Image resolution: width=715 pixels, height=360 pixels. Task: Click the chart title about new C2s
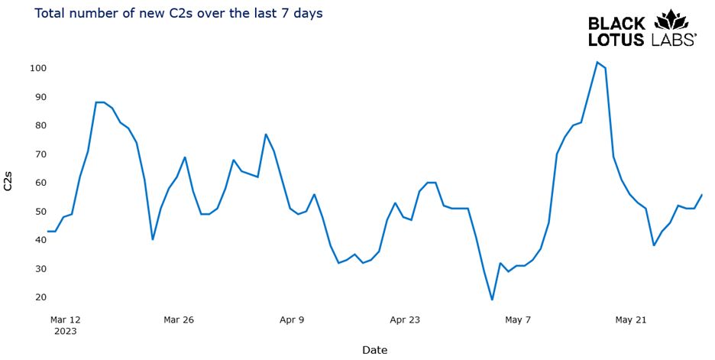pyautogui.click(x=179, y=13)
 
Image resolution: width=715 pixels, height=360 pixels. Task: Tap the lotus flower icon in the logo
pyautogui.click(x=671, y=20)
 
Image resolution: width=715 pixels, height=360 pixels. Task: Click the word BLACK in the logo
pyautogui.click(x=617, y=24)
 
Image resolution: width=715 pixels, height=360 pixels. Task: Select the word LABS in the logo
pyautogui.click(x=674, y=39)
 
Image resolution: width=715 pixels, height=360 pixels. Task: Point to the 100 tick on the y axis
pyautogui.click(x=38, y=68)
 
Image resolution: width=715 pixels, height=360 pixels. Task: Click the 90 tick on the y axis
pyautogui.click(x=41, y=97)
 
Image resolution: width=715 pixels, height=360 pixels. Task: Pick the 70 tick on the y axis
pyautogui.click(x=41, y=154)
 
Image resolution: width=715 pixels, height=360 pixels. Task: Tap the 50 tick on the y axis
pyautogui.click(x=41, y=212)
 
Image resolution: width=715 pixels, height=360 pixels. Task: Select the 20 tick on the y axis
pyautogui.click(x=41, y=297)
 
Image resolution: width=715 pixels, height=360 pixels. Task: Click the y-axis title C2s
pyautogui.click(x=8, y=181)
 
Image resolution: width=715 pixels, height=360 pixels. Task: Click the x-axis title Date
pyautogui.click(x=375, y=350)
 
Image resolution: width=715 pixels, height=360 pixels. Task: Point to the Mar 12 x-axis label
pyautogui.click(x=65, y=319)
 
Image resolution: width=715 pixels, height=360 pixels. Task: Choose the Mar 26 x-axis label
pyautogui.click(x=179, y=319)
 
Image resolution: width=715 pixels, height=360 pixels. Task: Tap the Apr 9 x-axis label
pyautogui.click(x=292, y=319)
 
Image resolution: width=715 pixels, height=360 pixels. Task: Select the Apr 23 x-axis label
pyautogui.click(x=405, y=319)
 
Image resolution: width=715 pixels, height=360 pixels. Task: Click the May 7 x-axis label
pyautogui.click(x=518, y=319)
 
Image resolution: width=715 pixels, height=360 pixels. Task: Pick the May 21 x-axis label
pyautogui.click(x=631, y=319)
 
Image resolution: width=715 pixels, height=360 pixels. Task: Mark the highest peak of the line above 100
pyautogui.click(x=597, y=62)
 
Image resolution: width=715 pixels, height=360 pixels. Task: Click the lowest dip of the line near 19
pyautogui.click(x=492, y=300)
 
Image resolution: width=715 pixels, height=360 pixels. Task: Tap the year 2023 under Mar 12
pyautogui.click(x=65, y=331)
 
